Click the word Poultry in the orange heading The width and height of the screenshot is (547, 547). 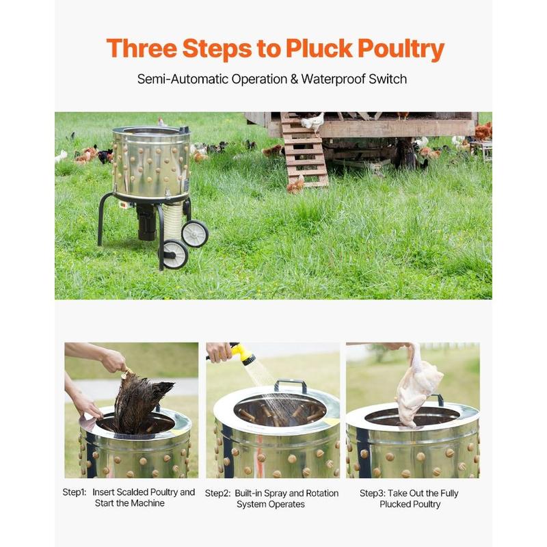coord(401,49)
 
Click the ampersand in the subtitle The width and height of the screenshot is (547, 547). coord(294,79)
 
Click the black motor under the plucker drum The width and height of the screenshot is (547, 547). coord(146,222)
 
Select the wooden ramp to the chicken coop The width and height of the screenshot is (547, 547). coord(304,150)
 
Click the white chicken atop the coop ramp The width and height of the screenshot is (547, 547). coord(314,122)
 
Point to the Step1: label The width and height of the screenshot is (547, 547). coord(75,492)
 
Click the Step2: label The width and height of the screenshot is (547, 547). coord(217,493)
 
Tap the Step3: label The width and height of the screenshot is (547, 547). coord(372,493)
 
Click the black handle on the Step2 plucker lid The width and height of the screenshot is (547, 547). coord(290,385)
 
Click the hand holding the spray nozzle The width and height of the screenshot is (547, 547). coord(219,352)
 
